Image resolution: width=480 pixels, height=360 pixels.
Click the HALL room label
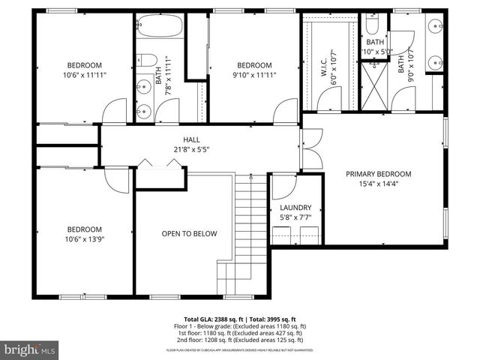coord(191,139)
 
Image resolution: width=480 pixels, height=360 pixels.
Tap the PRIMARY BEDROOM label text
coord(378,174)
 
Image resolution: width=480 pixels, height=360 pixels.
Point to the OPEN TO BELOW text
coord(189,234)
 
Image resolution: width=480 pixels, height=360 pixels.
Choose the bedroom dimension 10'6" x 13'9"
coord(84,240)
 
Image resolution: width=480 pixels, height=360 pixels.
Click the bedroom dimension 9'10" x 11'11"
coord(254,75)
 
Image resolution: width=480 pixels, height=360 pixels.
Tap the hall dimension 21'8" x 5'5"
coord(191,149)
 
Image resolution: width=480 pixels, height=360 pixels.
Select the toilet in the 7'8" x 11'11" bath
coord(148,61)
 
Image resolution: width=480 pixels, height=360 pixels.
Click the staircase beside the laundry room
coord(252,217)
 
